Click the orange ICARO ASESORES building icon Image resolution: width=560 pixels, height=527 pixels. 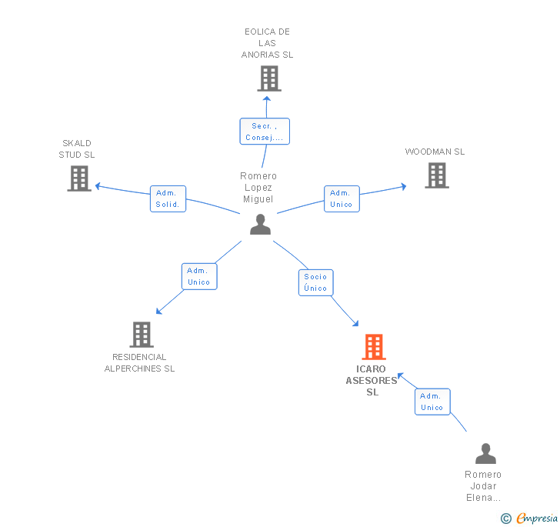374,346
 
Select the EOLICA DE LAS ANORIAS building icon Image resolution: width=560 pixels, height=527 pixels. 269,78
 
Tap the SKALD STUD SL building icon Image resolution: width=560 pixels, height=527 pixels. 79,178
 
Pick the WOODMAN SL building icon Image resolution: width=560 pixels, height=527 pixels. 437,175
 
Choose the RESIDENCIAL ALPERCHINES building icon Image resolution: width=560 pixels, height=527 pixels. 142,335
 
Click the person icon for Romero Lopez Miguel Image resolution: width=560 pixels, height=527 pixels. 260,224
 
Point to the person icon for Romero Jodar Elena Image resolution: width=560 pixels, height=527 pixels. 485,453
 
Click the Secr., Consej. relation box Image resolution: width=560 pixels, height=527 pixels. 265,131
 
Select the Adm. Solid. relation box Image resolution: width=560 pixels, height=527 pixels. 168,198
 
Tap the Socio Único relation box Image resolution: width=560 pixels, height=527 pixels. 315,282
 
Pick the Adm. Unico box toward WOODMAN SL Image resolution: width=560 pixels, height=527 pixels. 342,198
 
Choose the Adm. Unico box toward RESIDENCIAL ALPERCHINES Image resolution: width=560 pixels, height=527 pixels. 199,276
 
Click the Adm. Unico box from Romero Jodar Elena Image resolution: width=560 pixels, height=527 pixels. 432,402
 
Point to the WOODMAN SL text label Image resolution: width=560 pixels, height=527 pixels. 435,152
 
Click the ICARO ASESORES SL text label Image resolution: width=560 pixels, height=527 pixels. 372,381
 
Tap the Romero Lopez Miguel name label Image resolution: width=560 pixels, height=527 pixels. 258,188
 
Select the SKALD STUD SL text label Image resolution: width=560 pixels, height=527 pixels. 77,149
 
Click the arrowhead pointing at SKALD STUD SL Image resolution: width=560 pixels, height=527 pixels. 98,186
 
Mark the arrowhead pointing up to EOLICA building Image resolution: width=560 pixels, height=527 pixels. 267,99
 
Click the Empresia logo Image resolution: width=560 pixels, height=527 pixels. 529,518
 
